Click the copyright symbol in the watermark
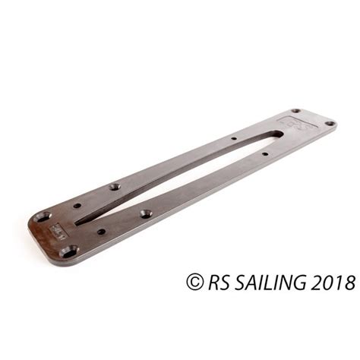[x=194, y=282]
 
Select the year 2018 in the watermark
[x=333, y=282]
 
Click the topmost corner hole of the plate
[x=295, y=112]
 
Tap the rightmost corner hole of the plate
[x=330, y=123]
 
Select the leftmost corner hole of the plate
[x=43, y=216]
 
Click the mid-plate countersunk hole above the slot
[x=115, y=186]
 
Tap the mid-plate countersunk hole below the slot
[x=145, y=213]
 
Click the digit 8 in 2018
[x=349, y=282]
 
